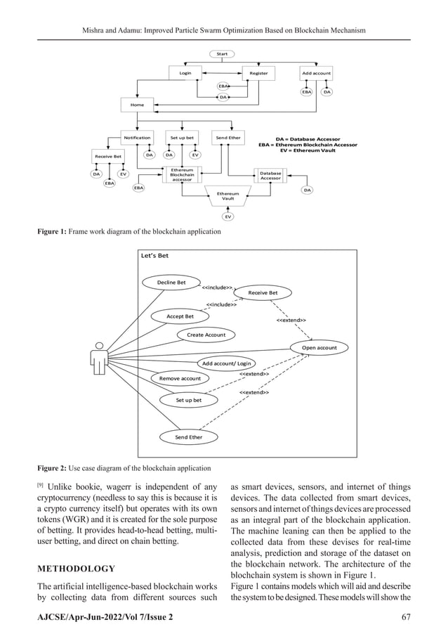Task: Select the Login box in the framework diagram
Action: pyautogui.click(x=185, y=72)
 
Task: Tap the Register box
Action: pyautogui.click(x=258, y=72)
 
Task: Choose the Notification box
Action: pyautogui.click(x=138, y=138)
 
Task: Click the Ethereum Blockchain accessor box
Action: pyautogui.click(x=182, y=174)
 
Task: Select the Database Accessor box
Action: pyautogui.click(x=270, y=175)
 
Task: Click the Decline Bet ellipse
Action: pyautogui.click(x=171, y=283)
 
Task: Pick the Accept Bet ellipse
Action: pyautogui.click(x=180, y=316)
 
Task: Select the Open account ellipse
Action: pyautogui.click(x=319, y=347)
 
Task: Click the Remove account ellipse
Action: pyautogui.click(x=180, y=379)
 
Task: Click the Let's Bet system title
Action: pyautogui.click(x=155, y=256)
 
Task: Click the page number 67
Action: pyautogui.click(x=404, y=617)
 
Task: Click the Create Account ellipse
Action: pyautogui.click(x=206, y=335)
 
